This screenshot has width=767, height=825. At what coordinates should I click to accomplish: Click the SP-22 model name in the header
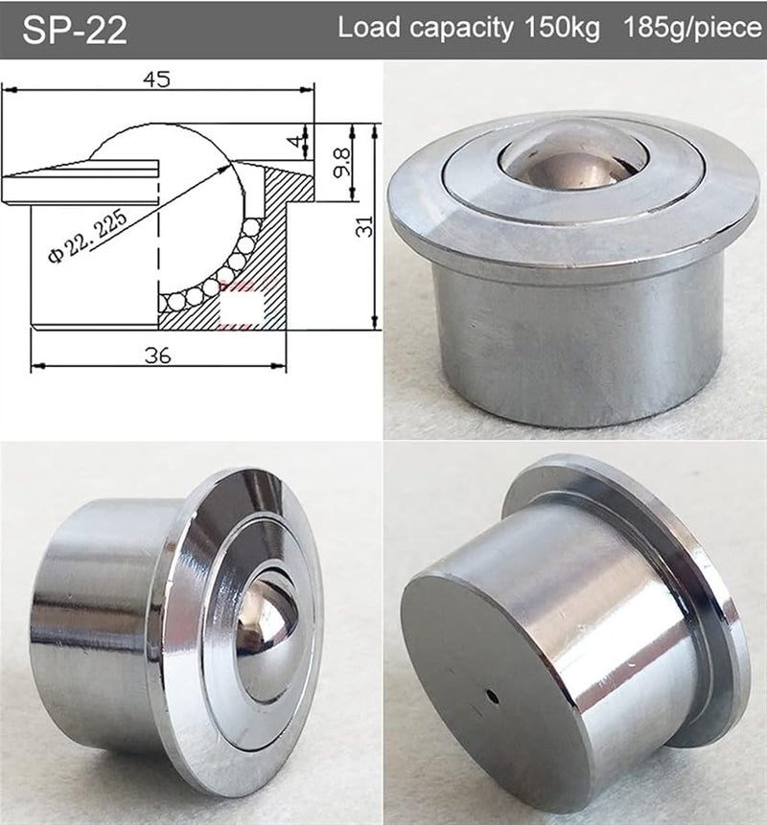point(75,30)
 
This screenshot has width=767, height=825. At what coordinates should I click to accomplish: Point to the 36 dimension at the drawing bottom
point(159,355)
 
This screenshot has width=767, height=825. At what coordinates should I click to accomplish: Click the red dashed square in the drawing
point(242,309)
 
